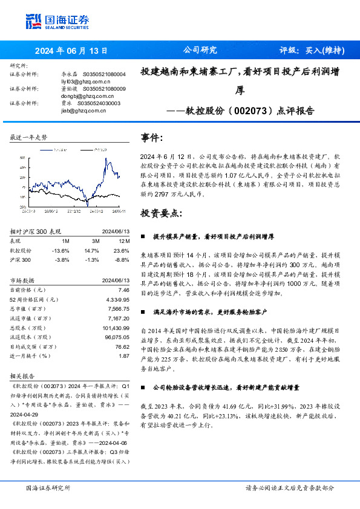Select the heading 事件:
152,137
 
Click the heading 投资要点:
161,213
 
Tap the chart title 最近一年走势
28,138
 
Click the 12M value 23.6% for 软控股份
122,250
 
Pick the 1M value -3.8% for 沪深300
61,259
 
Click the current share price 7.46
124,291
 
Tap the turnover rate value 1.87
124,356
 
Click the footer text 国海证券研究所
48,487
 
